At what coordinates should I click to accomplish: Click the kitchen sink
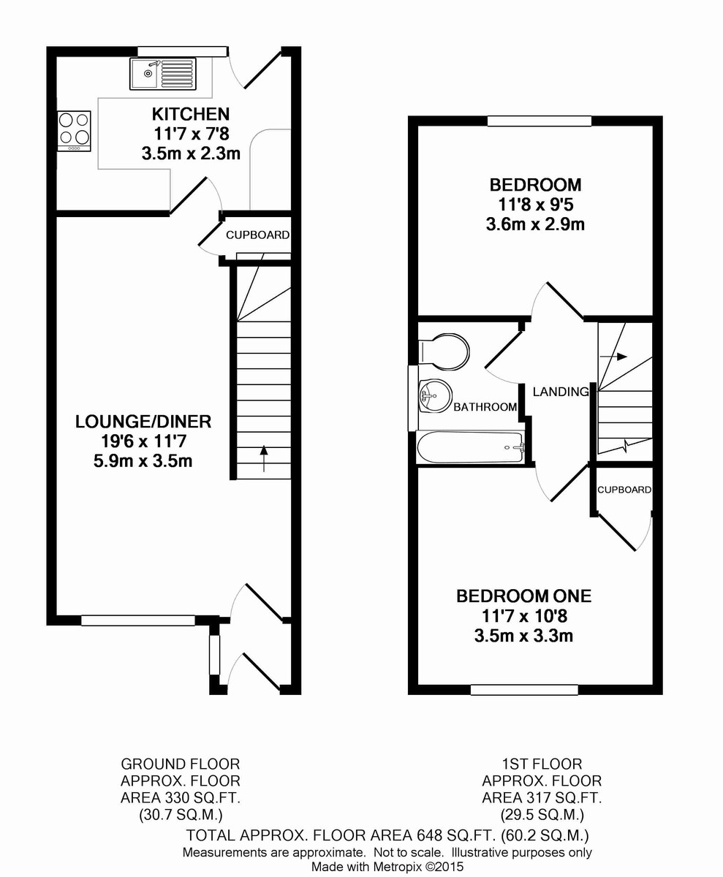click(164, 73)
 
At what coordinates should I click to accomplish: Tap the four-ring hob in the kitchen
click(74, 130)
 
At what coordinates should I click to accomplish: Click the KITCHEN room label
click(190, 114)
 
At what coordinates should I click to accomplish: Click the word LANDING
click(560, 392)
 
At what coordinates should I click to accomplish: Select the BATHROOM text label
click(485, 407)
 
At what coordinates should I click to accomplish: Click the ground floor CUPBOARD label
click(257, 235)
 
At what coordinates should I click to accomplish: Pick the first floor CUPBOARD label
click(624, 490)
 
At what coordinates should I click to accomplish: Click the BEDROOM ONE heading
click(523, 596)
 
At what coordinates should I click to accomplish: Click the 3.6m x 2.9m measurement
click(534, 224)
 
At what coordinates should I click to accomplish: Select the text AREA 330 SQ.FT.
click(180, 797)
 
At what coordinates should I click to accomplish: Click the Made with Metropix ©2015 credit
click(387, 867)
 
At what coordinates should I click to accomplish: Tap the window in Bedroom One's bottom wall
click(524, 689)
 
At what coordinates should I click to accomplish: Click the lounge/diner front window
click(138, 620)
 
